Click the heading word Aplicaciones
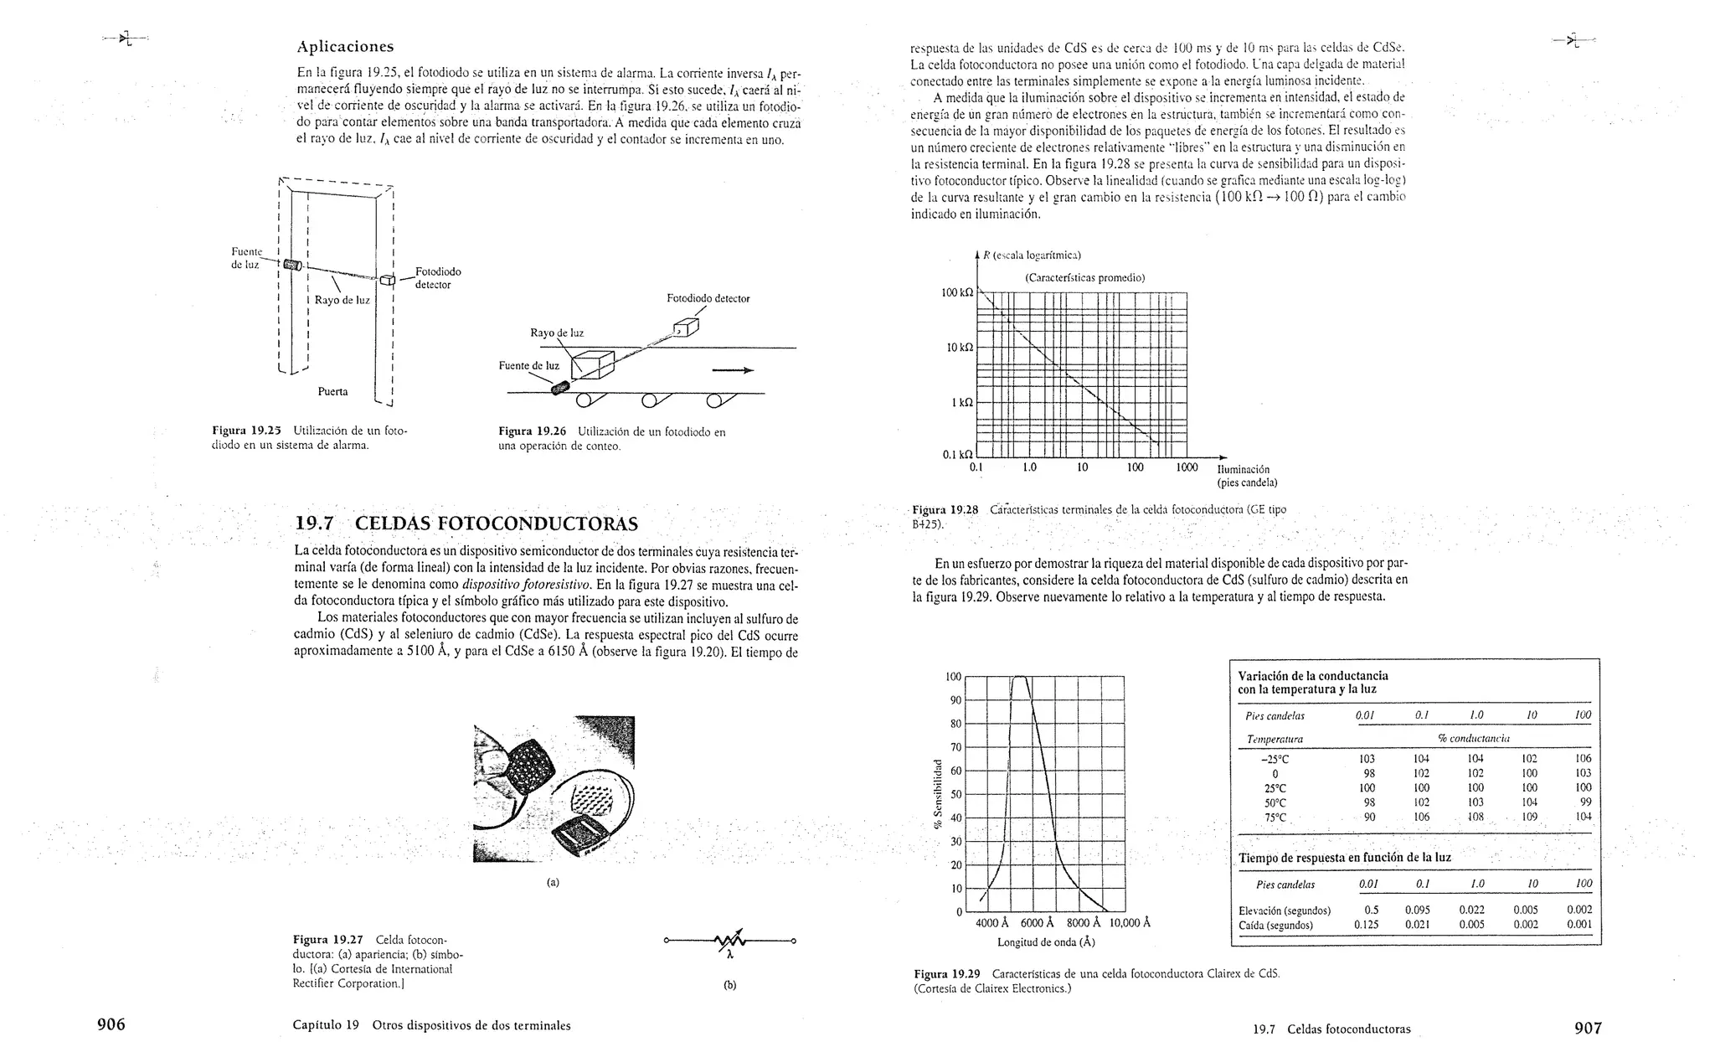345,47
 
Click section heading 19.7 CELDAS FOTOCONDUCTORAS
466,524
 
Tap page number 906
111,1025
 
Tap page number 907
1587,1028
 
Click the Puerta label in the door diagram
332,391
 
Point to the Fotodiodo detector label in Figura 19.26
708,298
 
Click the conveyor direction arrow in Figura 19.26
732,371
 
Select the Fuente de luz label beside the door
246,258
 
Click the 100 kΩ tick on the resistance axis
957,292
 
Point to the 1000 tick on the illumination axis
1186,467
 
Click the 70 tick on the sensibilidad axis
954,747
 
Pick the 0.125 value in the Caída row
1366,926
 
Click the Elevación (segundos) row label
1284,910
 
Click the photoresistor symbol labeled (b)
729,941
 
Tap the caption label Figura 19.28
945,509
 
